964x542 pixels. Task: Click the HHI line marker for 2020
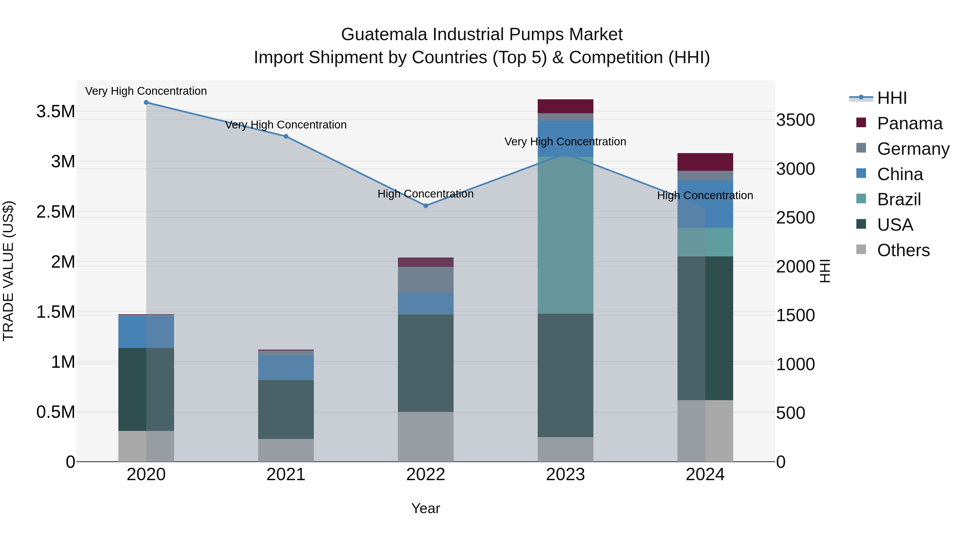tap(146, 103)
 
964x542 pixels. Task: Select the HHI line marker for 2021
tap(286, 137)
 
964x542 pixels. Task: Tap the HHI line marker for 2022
tap(425, 206)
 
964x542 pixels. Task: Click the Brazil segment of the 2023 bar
tap(566, 235)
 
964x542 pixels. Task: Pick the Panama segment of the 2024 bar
tap(705, 162)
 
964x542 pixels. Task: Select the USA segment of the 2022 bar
tap(425, 363)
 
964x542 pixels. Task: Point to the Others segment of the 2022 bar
tap(425, 437)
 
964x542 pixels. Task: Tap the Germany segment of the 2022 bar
tap(425, 279)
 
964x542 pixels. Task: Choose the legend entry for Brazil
tap(898, 199)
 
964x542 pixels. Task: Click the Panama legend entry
tap(909, 123)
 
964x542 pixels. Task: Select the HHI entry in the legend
tap(891, 98)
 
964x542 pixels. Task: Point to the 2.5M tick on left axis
tap(55, 212)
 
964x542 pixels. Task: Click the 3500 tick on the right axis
tap(795, 120)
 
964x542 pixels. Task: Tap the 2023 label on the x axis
tap(566, 475)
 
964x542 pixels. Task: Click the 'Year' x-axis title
tap(425, 508)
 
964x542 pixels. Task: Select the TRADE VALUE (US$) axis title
tap(9, 271)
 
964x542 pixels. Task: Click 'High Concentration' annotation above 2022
tap(425, 194)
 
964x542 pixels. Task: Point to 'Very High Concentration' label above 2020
tap(146, 91)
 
